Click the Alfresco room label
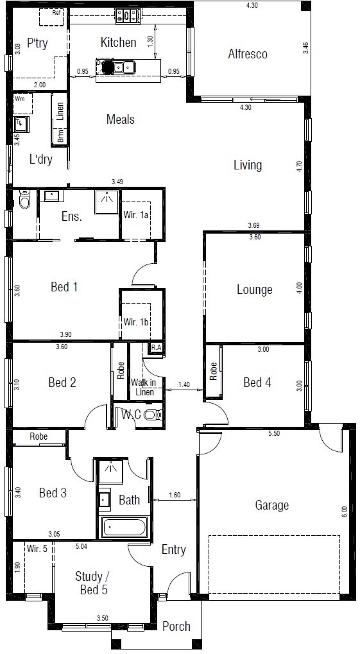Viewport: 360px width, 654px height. pos(247,54)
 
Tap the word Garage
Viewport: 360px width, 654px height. pos(271,506)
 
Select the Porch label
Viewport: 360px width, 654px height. pos(176,626)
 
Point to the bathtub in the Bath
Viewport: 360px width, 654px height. pos(124,527)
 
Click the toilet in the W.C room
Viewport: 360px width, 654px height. pos(153,415)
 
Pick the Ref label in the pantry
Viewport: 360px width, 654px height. pos(56,12)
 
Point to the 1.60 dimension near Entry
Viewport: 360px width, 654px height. pos(175,495)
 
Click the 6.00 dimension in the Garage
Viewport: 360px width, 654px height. pos(344,512)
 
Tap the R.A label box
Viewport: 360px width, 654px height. pos(156,347)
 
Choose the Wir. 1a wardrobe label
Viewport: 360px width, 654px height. pos(136,216)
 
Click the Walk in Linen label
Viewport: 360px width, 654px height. pos(142,386)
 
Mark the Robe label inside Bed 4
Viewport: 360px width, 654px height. pos(213,371)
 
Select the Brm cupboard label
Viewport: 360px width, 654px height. pos(61,137)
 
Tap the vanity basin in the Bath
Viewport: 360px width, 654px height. pos(105,499)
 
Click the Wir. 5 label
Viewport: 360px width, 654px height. pos(37,549)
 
